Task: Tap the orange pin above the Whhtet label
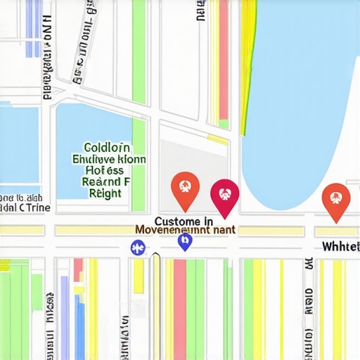point(336,198)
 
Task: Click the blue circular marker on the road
point(138,247)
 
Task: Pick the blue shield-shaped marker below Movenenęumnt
point(185,243)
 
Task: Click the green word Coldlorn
point(107,148)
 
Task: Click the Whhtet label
point(340,246)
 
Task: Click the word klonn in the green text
point(131,160)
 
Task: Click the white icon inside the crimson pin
point(225,190)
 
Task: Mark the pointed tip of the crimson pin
point(225,217)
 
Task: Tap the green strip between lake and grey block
point(139,165)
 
